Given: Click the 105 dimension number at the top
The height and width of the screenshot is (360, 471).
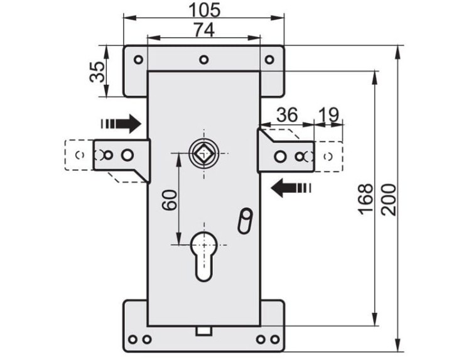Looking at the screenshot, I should coord(203,11).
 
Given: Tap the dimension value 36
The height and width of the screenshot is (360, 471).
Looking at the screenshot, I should coord(286,115).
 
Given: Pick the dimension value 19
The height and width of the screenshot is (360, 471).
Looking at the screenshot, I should coord(328,115).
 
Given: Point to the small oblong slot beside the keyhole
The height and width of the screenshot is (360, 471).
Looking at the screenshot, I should coord(244,221).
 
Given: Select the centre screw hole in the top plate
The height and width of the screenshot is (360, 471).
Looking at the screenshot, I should coord(203,60).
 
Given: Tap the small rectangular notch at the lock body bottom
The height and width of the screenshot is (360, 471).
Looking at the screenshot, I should coord(204,329).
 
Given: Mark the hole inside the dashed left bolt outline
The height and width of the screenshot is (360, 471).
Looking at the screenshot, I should coord(78,155).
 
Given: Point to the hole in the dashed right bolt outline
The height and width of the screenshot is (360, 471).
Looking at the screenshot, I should coord(325,155).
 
